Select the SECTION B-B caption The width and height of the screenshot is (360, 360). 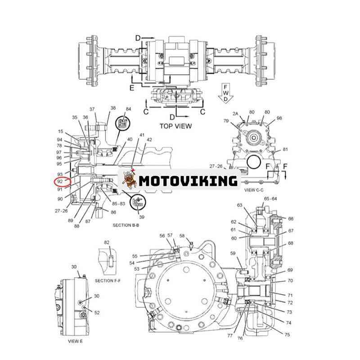coord(126,224)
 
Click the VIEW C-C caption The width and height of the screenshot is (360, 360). coord(256,190)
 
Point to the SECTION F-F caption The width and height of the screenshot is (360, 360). coord(108,280)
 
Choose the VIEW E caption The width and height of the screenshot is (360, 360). coord(76,341)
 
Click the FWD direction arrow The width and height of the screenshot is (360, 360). coord(224,92)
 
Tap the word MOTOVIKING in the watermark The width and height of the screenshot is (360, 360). coord(188,181)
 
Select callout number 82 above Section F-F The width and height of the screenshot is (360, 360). coord(107,243)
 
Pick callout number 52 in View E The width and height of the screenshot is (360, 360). coord(97,312)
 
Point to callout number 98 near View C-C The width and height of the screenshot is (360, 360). coord(279,118)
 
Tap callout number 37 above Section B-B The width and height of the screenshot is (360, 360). coord(92,109)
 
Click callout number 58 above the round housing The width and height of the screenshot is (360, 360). coord(182,236)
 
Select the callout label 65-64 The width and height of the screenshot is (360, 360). coord(270,198)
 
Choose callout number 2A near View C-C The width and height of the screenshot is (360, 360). coord(235,113)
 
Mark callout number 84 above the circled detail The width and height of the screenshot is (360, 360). coord(128,109)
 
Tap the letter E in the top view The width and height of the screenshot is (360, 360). coord(132,88)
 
